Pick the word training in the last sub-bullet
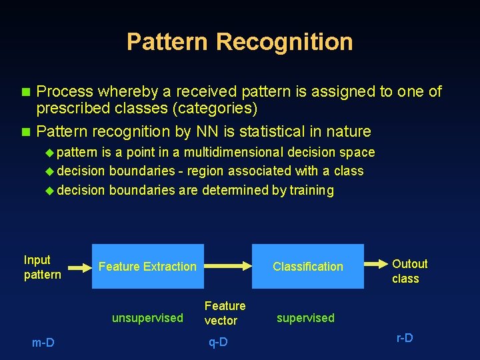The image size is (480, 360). coord(311,190)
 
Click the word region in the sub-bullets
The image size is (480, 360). coord(205,171)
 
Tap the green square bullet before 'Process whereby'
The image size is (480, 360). coord(27,91)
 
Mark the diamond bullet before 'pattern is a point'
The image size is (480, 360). coord(49,153)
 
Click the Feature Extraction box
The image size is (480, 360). coord(147,266)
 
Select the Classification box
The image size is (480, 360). coord(307,266)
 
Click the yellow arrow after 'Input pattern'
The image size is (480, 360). coord(79,268)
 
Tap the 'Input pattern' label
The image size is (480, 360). coord(42,267)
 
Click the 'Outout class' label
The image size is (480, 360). coord(409,271)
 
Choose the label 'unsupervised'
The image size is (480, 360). coord(147,318)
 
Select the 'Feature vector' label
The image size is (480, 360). coord(225,313)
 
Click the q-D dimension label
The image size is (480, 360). coord(218,342)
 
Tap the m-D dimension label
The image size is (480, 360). coord(43,343)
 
